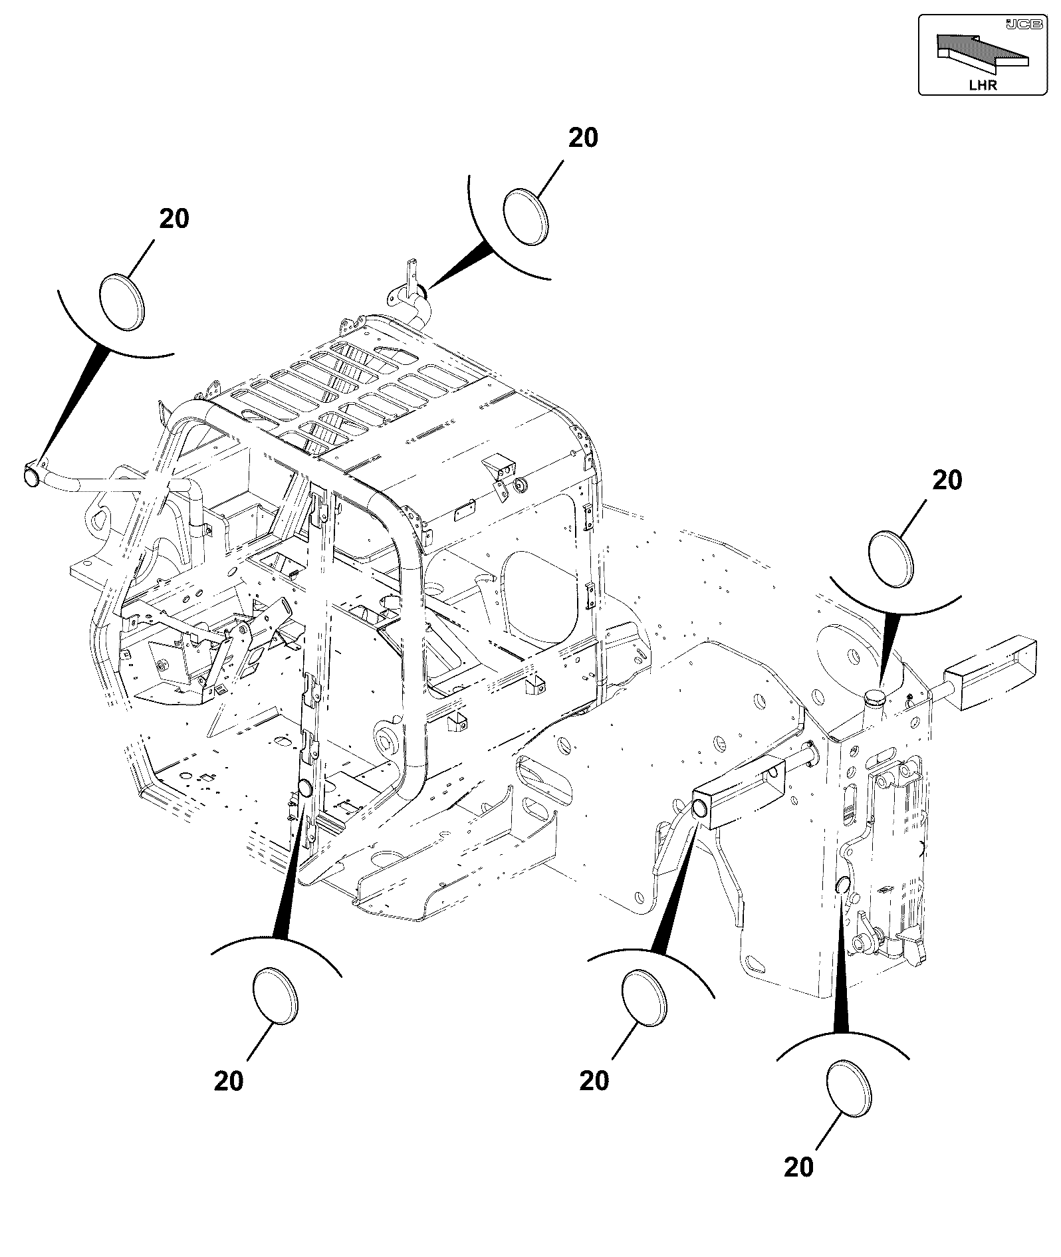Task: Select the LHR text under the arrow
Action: tap(983, 84)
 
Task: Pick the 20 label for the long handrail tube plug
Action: tap(174, 219)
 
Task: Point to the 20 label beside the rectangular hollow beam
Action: tap(594, 1081)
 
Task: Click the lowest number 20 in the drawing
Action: tap(799, 1167)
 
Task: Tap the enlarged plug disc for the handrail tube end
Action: tap(122, 301)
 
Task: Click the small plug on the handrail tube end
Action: tap(31, 477)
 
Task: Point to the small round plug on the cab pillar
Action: tap(305, 789)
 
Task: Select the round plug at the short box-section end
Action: tap(700, 808)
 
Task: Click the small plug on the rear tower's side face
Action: tap(843, 885)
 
